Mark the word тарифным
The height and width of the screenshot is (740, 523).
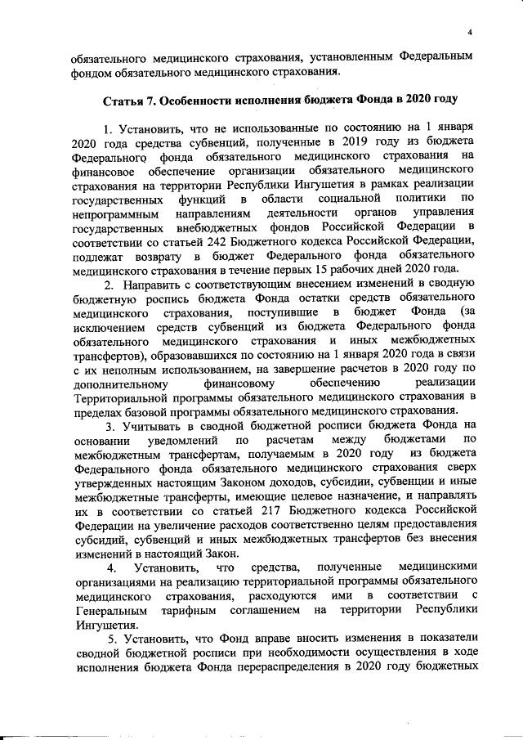193,611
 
